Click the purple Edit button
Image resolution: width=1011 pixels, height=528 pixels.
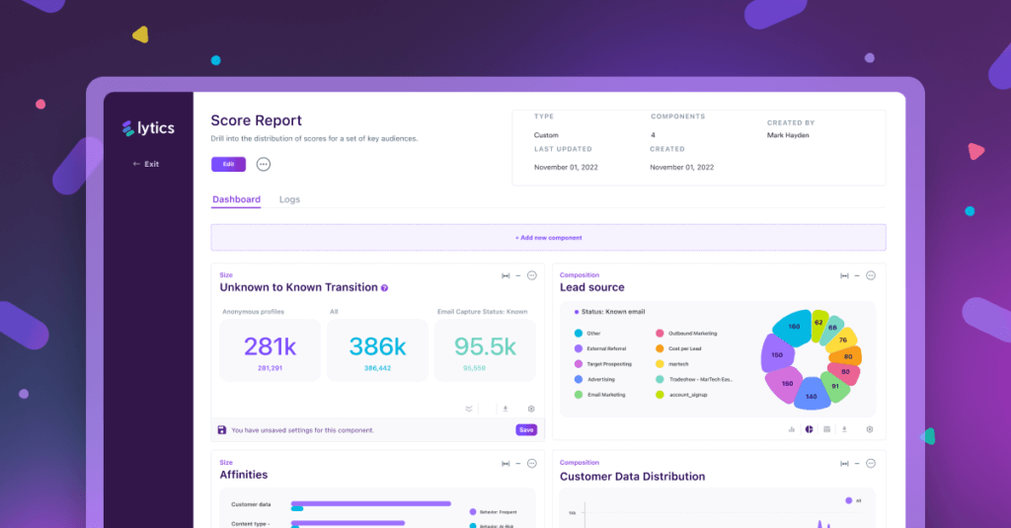pos(228,164)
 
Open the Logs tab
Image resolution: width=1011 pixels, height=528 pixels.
pos(289,199)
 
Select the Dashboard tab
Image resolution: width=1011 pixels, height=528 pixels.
pos(237,199)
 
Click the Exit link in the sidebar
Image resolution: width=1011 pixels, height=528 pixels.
pos(146,164)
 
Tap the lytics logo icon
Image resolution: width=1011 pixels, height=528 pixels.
pos(127,127)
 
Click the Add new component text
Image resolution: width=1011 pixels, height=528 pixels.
pos(548,238)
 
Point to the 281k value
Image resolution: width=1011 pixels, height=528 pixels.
pos(271,346)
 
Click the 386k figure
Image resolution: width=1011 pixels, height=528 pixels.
pos(377,346)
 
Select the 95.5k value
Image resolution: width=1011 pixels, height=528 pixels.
pos(485,346)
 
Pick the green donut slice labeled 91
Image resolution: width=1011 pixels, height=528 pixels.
pos(834,387)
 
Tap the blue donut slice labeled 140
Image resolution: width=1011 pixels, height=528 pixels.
pos(810,396)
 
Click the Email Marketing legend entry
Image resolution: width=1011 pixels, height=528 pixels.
pos(606,395)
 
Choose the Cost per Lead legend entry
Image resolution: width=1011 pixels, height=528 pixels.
pos(685,348)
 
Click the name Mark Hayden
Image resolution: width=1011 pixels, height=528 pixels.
pos(788,135)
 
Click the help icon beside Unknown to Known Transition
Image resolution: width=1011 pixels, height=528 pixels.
pos(384,288)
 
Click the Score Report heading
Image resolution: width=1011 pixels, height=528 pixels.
pos(256,120)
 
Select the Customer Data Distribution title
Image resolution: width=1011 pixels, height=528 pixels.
pos(632,477)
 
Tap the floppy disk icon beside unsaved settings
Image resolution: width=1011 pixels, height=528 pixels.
pos(221,430)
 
